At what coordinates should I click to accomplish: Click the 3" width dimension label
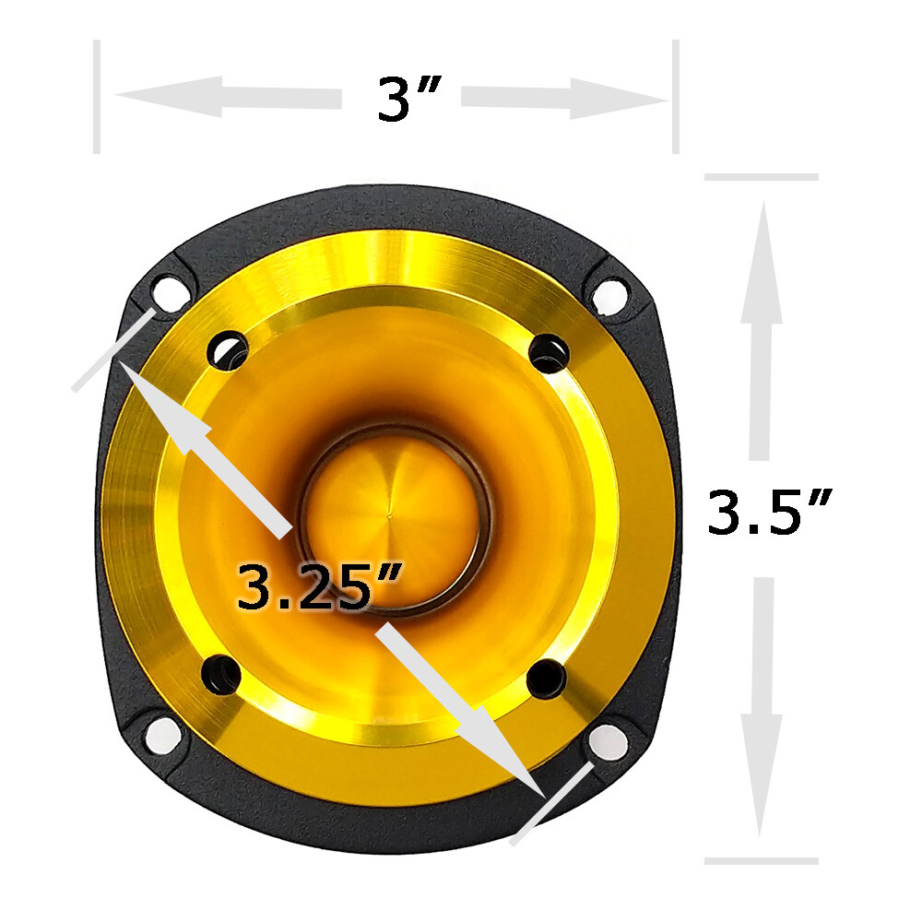point(410,100)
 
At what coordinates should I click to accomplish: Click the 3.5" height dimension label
point(769,512)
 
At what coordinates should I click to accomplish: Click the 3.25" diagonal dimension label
point(320,585)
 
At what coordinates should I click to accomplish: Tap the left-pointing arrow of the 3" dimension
point(228,97)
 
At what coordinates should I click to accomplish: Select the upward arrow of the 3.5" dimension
point(761,330)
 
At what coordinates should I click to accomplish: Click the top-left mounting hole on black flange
point(165,292)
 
